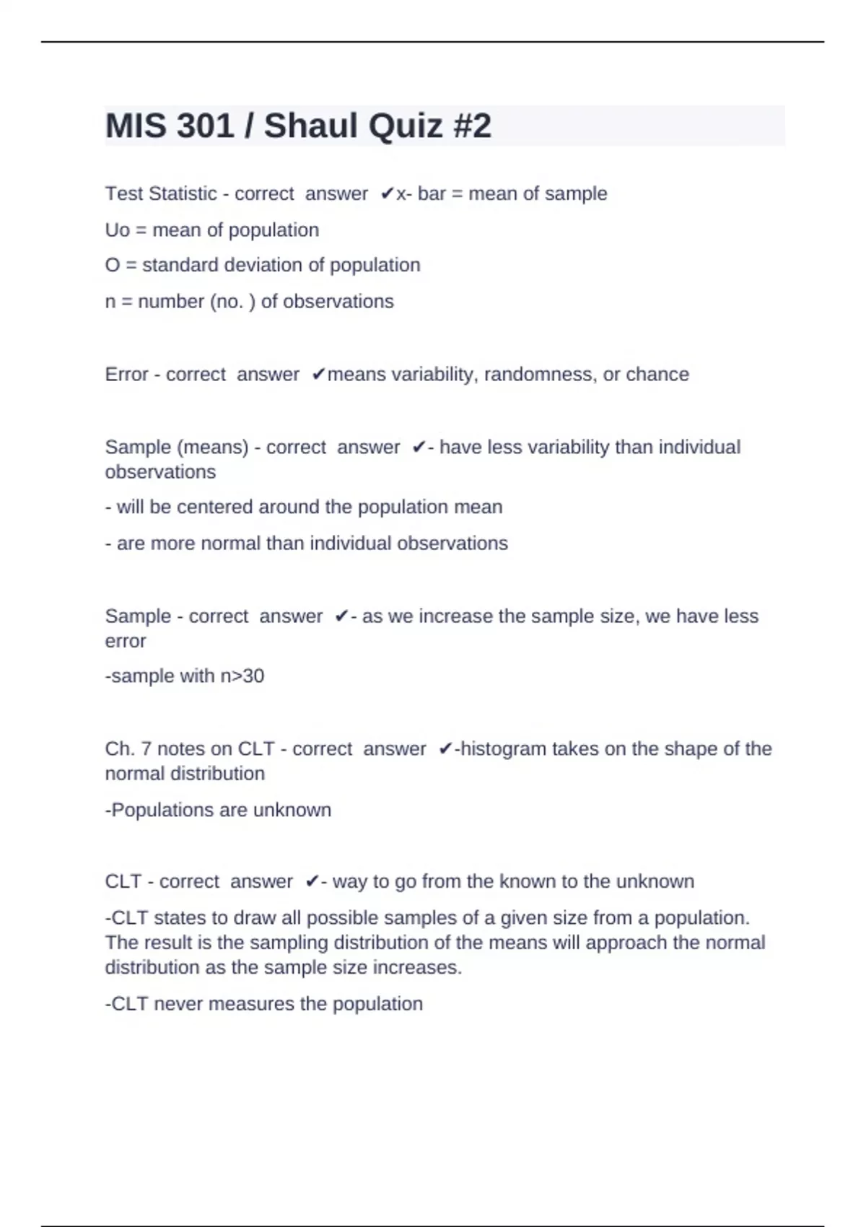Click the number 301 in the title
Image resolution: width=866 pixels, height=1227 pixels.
[x=205, y=126]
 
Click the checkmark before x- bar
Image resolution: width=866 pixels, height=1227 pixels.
[x=387, y=193]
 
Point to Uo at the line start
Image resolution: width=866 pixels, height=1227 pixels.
[x=117, y=230]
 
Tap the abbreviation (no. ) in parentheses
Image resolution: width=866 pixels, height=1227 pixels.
[x=232, y=301]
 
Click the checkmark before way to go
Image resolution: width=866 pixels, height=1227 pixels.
[x=312, y=881]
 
